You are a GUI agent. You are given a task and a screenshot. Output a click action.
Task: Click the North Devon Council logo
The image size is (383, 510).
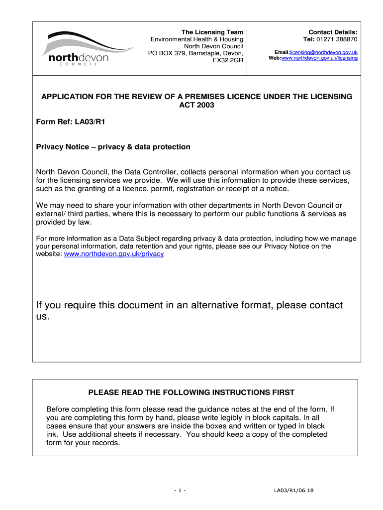[78, 49]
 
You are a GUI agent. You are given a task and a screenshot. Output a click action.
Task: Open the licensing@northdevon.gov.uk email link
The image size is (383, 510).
[324, 52]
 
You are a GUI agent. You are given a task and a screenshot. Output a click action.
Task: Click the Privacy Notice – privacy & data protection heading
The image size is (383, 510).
[113, 147]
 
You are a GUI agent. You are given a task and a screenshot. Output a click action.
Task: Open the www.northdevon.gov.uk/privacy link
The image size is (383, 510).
[114, 254]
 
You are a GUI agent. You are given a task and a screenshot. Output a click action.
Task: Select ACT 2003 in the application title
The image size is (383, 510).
[196, 105]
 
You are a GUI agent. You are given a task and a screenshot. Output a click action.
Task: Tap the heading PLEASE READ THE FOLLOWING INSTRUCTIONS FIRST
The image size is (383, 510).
[191, 392]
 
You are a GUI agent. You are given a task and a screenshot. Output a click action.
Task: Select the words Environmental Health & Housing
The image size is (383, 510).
[197, 39]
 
